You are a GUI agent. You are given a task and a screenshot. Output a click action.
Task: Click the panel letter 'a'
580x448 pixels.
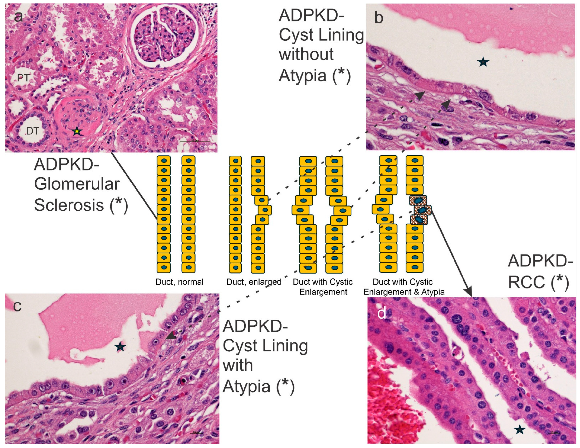pyautogui.click(x=18, y=17)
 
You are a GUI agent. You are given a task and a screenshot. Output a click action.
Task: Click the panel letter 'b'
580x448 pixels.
pyautogui.click(x=379, y=18)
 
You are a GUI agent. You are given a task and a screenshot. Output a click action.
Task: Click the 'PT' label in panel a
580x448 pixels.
pyautogui.click(x=23, y=78)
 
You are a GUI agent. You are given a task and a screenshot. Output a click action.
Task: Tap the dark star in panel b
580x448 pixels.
pyautogui.click(x=483, y=62)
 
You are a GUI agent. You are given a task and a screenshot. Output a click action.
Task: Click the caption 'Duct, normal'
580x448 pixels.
pyautogui.click(x=180, y=282)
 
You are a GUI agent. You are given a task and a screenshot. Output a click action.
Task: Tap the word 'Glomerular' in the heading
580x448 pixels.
pyautogui.click(x=77, y=184)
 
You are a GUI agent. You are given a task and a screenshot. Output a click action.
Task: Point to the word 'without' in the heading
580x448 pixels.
pyautogui.click(x=306, y=54)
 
